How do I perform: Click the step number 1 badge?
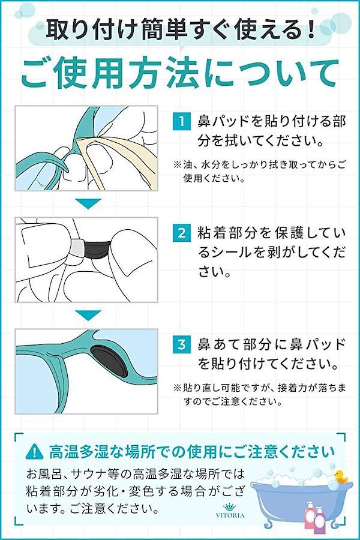pyautogui.click(x=182, y=121)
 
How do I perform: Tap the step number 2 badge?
pyautogui.click(x=182, y=233)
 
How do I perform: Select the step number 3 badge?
pyautogui.click(x=182, y=344)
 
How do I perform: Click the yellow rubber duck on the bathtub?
pyautogui.click(x=340, y=476)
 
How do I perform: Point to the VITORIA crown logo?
pyautogui.click(x=230, y=511)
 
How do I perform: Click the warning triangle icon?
pyautogui.click(x=35, y=452)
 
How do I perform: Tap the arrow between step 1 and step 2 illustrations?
pyautogui.click(x=88, y=203)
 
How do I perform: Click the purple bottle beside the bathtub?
pyautogui.click(x=320, y=518)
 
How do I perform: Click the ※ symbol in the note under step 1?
pyautogui.click(x=177, y=164)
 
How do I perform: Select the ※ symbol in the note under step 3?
pyautogui.click(x=177, y=388)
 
